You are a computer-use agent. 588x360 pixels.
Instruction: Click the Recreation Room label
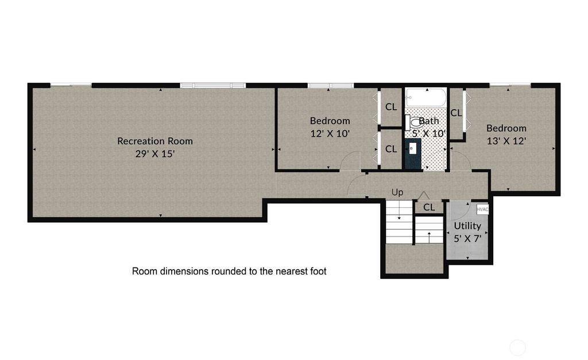[x=155, y=141]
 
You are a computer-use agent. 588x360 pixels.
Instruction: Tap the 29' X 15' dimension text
[x=155, y=154]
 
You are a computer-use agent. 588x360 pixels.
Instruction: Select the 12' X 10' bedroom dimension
[x=330, y=134]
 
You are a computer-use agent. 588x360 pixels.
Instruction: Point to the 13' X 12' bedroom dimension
[x=506, y=141]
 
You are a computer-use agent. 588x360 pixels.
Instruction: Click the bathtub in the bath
[x=427, y=98]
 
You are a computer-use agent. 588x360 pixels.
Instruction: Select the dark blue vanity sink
[x=413, y=154]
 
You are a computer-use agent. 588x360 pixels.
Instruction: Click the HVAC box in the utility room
[x=482, y=209]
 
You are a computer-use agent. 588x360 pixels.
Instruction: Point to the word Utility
[x=467, y=226]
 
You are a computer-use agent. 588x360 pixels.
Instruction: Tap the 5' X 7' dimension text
[x=467, y=238]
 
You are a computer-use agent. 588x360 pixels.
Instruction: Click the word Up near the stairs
[x=397, y=193]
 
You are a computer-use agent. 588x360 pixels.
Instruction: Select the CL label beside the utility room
[x=429, y=207]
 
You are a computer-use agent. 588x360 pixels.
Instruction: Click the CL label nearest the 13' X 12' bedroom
[x=456, y=113]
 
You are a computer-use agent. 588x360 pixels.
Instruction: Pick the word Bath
[x=428, y=121]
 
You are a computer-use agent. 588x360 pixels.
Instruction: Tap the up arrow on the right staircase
[x=430, y=237]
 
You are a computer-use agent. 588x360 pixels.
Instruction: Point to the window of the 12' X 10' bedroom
[x=331, y=86]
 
